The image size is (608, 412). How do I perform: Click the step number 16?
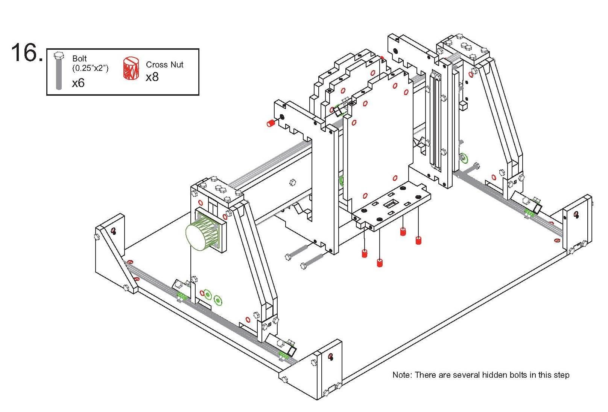[x=26, y=52]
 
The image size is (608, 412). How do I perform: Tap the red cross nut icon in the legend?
[x=131, y=68]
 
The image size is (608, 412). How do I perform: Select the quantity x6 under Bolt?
[x=78, y=83]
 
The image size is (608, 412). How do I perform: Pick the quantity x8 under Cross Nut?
[x=152, y=77]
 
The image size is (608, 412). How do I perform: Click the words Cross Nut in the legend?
[x=164, y=64]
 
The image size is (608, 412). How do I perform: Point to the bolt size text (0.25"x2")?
[x=90, y=68]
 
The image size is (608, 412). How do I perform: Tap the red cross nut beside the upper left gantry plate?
[x=270, y=123]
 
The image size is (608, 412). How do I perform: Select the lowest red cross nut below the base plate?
[x=380, y=263]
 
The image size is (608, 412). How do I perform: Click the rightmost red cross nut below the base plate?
[x=418, y=240]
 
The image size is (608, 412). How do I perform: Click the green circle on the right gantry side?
[x=464, y=158]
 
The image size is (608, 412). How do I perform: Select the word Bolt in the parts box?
[x=79, y=58]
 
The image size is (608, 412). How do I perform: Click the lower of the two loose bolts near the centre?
[x=312, y=261]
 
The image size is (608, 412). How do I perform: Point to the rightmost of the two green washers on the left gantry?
[x=218, y=300]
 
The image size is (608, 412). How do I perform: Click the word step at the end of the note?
[x=561, y=375]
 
